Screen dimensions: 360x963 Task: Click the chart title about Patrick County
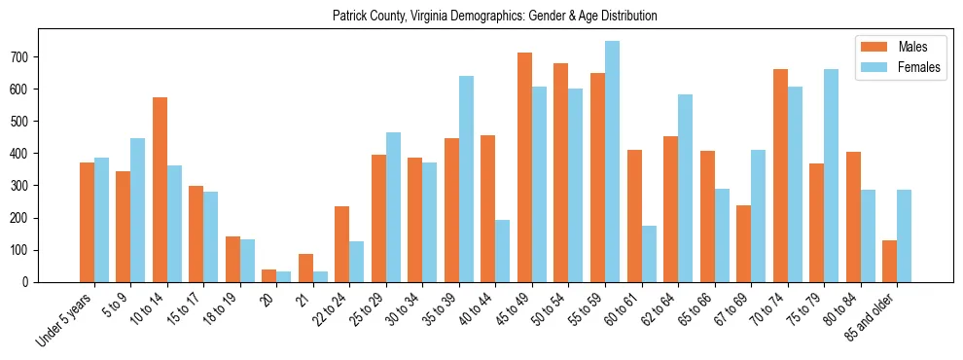click(494, 16)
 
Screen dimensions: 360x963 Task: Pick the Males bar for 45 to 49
click(524, 167)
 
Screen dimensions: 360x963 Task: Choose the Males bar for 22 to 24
click(342, 244)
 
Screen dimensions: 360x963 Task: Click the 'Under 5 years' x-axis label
click(65, 318)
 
